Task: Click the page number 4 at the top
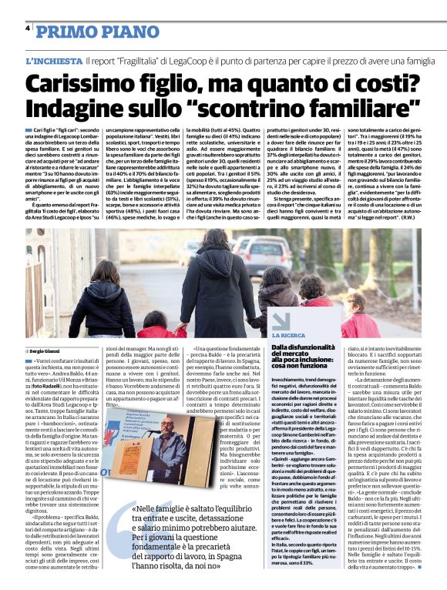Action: coord(28,28)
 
